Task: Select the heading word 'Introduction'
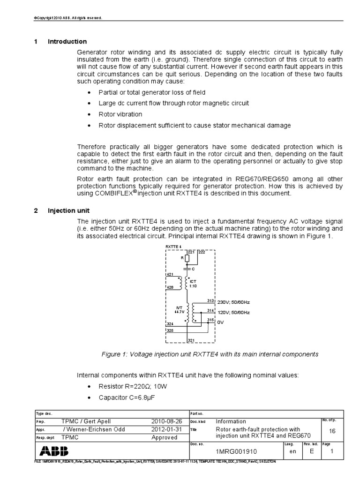pos(67,42)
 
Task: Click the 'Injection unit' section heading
pos(69,210)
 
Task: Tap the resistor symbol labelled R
pos(187,258)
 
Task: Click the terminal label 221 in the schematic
pos(191,252)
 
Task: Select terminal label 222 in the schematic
pos(202,252)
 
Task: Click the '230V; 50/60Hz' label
pos(233,303)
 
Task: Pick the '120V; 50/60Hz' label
pos(233,312)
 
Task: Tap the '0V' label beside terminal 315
pos(220,322)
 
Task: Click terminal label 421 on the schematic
pos(169,274)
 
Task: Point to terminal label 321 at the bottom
pos(191,340)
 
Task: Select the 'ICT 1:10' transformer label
pos(193,283)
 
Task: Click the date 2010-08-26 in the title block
pos(164,421)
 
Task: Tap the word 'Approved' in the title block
pos(164,437)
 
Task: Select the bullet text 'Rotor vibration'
pos(120,114)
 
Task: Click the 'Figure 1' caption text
pos(210,354)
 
